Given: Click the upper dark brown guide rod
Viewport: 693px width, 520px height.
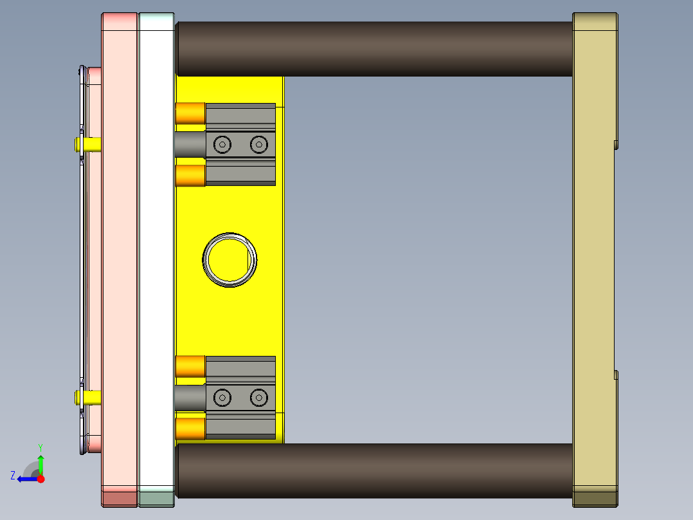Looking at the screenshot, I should pyautogui.click(x=373, y=49).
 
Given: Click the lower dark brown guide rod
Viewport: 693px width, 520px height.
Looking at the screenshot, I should pyautogui.click(x=373, y=470).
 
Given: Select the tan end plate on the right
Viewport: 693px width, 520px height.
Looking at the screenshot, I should pyautogui.click(x=594, y=257).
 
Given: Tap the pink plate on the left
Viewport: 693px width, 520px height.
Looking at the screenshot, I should pyautogui.click(x=120, y=257).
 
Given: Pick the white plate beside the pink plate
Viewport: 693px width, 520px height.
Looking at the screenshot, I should pyautogui.click(x=156, y=257).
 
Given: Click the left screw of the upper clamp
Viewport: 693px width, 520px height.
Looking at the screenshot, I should pyautogui.click(x=222, y=145).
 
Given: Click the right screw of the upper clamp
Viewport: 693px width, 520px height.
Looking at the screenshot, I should pyautogui.click(x=258, y=145).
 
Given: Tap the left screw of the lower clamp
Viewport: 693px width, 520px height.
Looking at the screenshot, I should pyautogui.click(x=222, y=398).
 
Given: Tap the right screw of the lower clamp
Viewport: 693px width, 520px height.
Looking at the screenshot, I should pyautogui.click(x=258, y=398).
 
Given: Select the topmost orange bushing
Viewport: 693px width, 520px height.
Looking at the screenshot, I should pyautogui.click(x=190, y=113).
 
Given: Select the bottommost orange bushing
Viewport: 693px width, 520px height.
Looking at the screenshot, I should pyautogui.click(x=190, y=428).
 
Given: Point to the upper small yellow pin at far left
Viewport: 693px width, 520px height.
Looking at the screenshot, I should pyautogui.click(x=89, y=144).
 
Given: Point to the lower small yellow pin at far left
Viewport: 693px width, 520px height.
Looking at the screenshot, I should pyautogui.click(x=89, y=397).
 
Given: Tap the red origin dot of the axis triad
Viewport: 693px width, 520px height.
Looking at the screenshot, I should pyautogui.click(x=40, y=479).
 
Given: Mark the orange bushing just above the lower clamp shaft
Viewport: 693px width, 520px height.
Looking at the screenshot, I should pyautogui.click(x=190, y=366).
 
